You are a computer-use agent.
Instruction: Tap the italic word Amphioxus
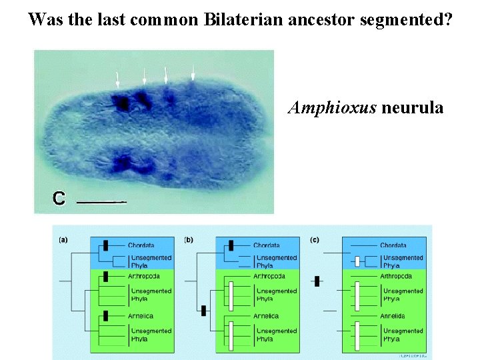coord(332,107)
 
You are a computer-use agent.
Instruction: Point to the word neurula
coord(412,107)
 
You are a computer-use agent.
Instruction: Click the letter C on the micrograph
coord(59,198)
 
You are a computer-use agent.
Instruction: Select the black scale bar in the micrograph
coord(102,200)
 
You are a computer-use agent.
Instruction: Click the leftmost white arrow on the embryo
coord(118,80)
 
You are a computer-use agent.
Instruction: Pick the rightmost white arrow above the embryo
coord(193,73)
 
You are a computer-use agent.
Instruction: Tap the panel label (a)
coord(63,239)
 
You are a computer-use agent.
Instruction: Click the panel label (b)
coord(189,239)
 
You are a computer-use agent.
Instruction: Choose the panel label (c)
coord(316,239)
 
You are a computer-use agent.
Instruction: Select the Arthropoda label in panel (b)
coord(270,276)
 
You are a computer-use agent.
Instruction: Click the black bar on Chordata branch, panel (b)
coord(231,245)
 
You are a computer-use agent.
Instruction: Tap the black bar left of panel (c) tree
coord(317,281)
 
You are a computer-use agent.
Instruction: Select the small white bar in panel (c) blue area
coord(357,261)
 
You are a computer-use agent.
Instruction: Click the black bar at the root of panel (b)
coord(202,310)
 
